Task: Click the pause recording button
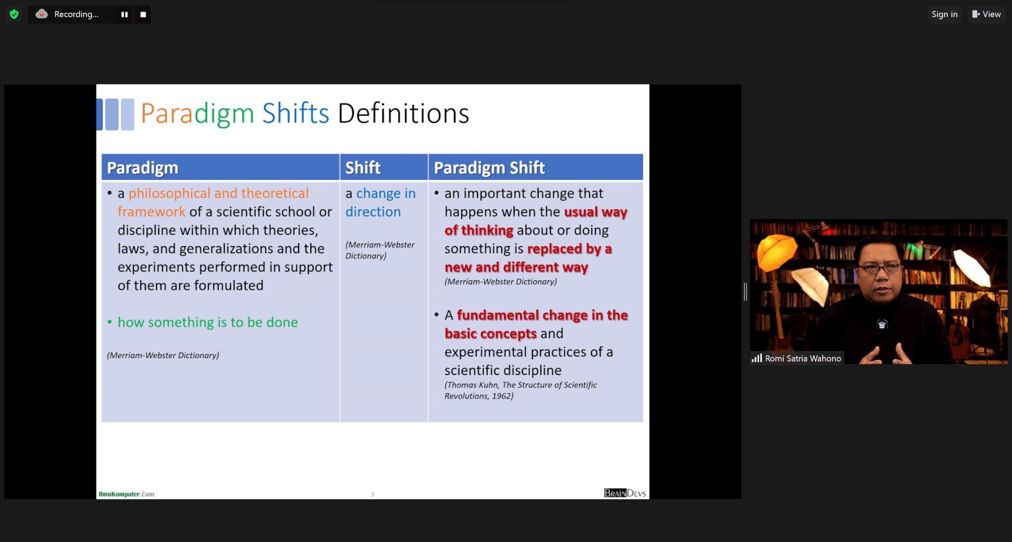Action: coord(125,14)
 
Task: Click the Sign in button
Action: coord(944,14)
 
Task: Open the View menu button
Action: coord(986,14)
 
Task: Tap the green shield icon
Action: coord(14,14)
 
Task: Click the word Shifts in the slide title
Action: coord(295,113)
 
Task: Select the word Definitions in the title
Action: coord(403,113)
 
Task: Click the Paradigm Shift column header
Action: coord(489,168)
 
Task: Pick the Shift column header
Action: coord(363,168)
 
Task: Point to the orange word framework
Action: coord(152,212)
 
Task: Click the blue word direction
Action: coord(373,212)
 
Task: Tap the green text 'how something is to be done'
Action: coord(208,323)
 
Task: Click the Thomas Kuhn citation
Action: coord(520,390)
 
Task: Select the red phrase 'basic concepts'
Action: coord(490,334)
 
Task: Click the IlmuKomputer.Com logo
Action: coord(126,494)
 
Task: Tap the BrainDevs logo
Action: coord(625,493)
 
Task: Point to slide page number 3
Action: coord(373,495)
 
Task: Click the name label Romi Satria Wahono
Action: coord(803,359)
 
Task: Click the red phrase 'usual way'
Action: coord(595,212)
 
